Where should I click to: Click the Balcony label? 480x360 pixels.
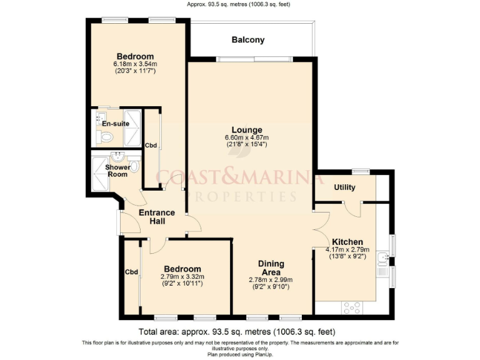pyautogui.click(x=248, y=40)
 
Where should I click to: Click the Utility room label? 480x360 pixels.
pyautogui.click(x=344, y=187)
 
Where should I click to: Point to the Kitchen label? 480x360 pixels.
pyautogui.click(x=347, y=242)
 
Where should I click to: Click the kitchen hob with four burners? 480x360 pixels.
pyautogui.click(x=352, y=307)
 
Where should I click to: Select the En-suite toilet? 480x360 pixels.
pyautogui.click(x=106, y=137)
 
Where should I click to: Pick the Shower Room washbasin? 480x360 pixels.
pyautogui.click(x=117, y=156)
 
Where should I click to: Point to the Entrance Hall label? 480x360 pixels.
pyautogui.click(x=156, y=217)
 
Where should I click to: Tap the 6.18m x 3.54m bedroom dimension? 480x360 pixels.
pyautogui.click(x=134, y=64)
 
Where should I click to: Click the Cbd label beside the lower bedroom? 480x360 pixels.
pyautogui.click(x=131, y=272)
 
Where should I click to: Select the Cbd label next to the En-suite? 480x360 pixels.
pyautogui.click(x=151, y=146)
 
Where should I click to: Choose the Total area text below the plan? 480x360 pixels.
pyautogui.click(x=239, y=331)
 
